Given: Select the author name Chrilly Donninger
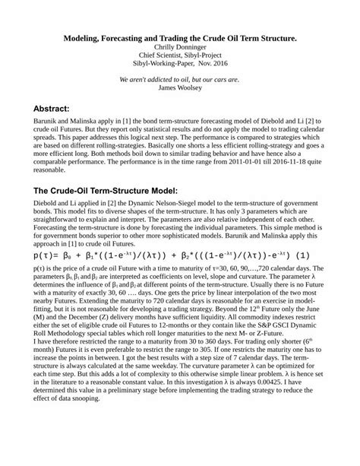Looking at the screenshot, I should click(x=180, y=46).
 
